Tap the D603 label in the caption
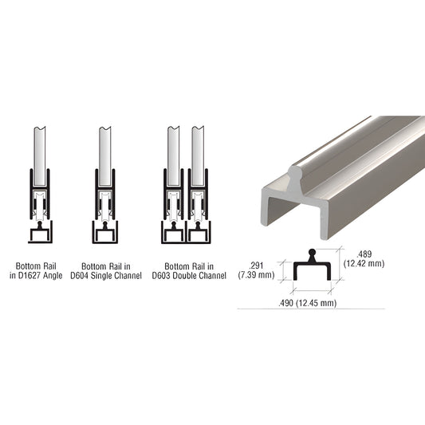pyautogui.click(x=168, y=277)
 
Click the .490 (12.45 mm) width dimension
pyautogui.click(x=307, y=302)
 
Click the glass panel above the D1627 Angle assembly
pyautogui.click(x=40, y=148)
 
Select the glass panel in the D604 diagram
pyautogui.click(x=105, y=148)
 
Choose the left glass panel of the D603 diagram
pyautogui.click(x=173, y=148)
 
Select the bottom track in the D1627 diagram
pyautogui.click(x=40, y=233)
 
